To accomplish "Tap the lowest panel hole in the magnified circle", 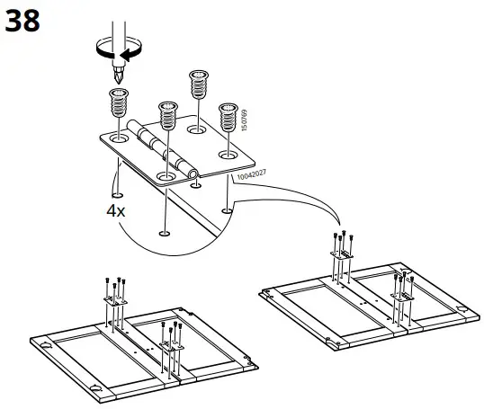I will pyautogui.click(x=163, y=234).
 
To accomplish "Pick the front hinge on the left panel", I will pyautogui.click(x=170, y=339).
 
